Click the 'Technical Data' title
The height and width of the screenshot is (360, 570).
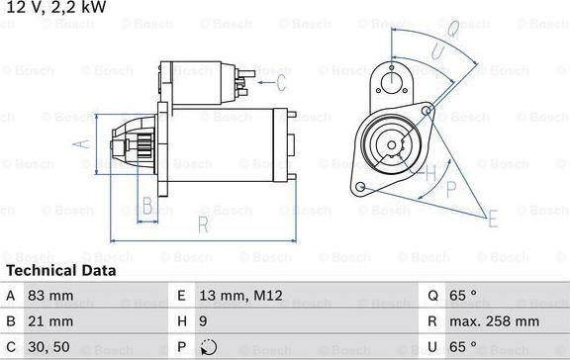click(x=60, y=270)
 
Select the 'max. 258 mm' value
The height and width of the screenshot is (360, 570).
click(x=495, y=321)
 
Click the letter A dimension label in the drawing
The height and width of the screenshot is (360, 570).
click(x=82, y=144)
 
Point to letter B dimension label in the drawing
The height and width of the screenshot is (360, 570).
click(x=146, y=207)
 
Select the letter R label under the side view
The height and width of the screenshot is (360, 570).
click(x=202, y=225)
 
